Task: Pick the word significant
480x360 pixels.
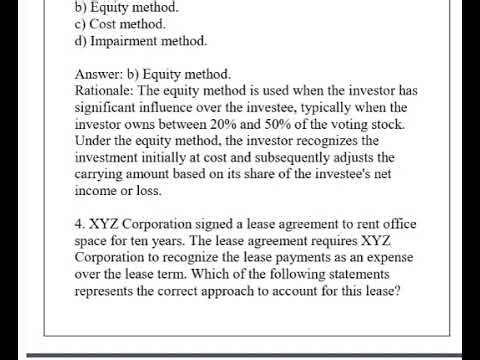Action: coord(112,108)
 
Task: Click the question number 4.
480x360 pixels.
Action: coord(80,227)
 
